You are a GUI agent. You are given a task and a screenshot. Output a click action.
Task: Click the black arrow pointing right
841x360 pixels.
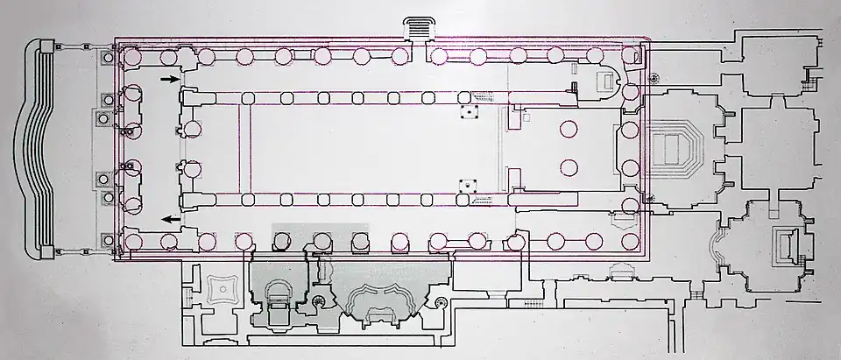click(167, 80)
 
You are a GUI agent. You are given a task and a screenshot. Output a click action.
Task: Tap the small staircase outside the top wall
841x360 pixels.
click(419, 28)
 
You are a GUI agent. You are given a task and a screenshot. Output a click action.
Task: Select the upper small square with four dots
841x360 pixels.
click(470, 112)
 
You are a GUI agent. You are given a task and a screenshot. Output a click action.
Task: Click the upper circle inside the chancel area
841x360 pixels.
click(568, 129)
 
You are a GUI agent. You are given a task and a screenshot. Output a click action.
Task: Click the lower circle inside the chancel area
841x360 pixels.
click(568, 167)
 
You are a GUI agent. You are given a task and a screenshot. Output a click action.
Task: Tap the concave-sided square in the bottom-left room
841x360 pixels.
click(216, 289)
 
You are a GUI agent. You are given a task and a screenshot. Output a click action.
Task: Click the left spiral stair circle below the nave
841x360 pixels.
click(316, 303)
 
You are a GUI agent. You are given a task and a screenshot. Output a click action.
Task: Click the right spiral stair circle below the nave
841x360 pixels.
click(440, 303)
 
